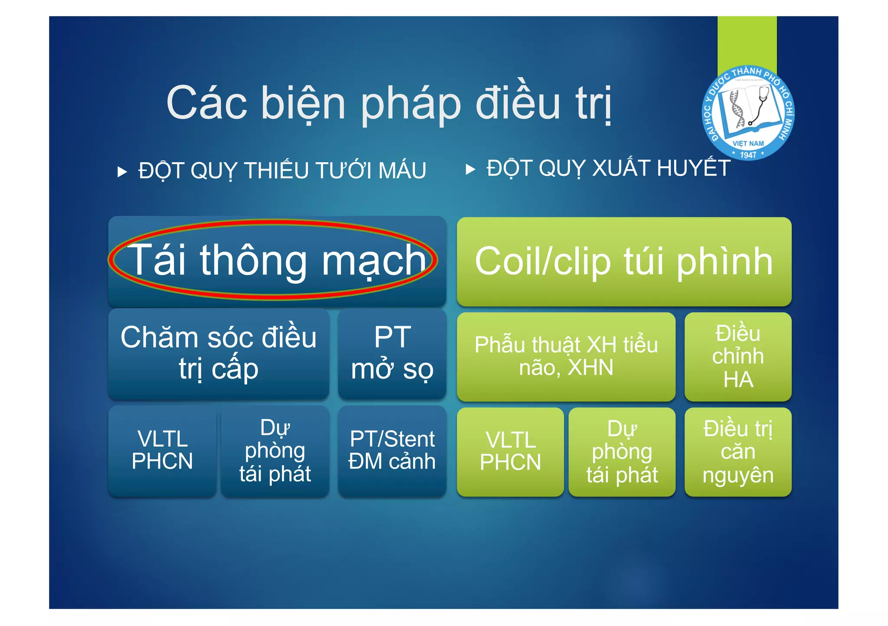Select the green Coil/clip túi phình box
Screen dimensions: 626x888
(x=624, y=262)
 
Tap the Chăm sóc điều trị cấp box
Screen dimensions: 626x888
(x=219, y=354)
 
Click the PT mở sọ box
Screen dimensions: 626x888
(x=392, y=354)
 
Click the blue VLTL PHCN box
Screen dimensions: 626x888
(x=162, y=451)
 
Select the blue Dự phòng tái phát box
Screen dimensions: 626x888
(x=275, y=451)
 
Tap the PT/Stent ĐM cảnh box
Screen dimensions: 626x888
(x=392, y=451)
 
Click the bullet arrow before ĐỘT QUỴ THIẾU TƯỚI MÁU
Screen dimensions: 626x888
(x=122, y=172)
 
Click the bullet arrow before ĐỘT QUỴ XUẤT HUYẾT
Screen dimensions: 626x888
(x=470, y=169)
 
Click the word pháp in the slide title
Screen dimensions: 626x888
(x=411, y=104)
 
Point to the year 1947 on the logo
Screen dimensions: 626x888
(x=748, y=154)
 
